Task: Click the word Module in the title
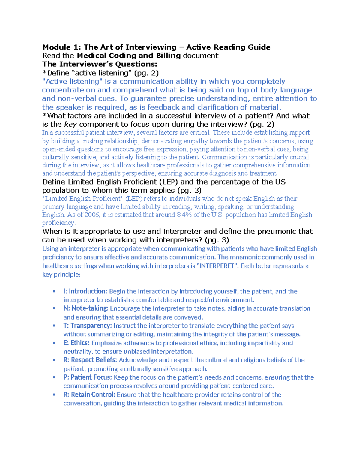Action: tap(57, 47)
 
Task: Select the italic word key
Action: tap(71, 124)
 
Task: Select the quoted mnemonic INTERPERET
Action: tap(216, 266)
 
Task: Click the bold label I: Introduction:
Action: tap(85, 291)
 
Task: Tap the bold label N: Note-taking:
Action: tap(86, 308)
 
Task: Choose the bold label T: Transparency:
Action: tap(88, 326)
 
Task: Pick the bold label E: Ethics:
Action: tap(76, 343)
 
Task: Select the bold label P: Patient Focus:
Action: tap(88, 377)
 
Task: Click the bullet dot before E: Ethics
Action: tap(54, 343)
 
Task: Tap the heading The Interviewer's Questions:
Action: tap(100, 64)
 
